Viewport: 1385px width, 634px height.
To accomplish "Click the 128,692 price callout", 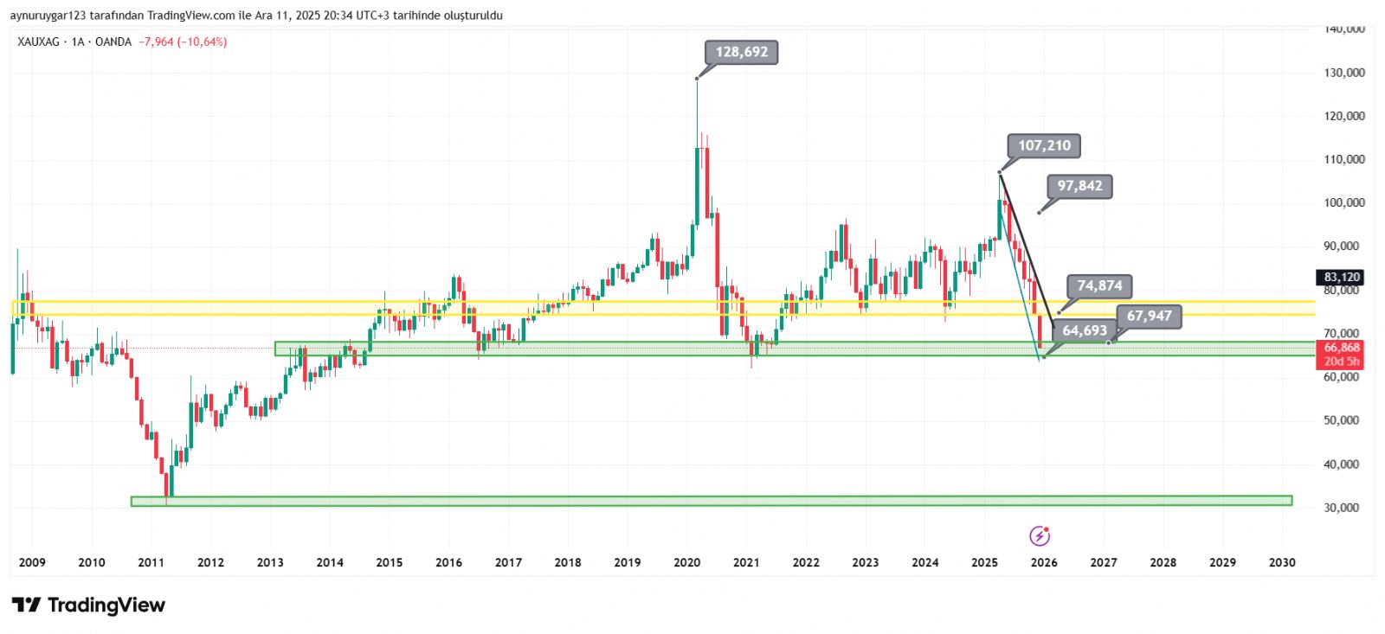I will coord(742,53).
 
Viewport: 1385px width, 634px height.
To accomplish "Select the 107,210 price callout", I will coord(1044,146).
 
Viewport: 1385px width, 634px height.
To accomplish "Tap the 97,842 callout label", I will coord(1079,187).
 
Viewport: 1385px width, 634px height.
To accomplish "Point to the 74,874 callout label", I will coord(1099,286).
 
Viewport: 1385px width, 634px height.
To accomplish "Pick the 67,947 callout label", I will coord(1149,317).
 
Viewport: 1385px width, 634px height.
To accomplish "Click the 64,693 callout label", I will coord(1085,331).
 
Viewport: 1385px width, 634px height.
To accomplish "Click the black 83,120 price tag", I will coord(1341,278).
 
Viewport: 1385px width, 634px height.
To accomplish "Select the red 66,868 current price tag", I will coord(1341,348).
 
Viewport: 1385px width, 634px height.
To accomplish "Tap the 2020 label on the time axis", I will coord(686,563).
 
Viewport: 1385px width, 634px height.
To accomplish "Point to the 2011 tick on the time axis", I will coord(151,563).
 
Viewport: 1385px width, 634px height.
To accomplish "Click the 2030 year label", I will coord(1282,563).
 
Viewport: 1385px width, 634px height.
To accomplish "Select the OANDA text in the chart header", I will coord(113,42).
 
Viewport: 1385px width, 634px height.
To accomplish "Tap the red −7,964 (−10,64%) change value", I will coord(183,42).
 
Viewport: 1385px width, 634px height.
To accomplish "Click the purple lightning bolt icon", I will coord(1040,536).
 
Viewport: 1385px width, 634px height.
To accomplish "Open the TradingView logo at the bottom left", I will coord(88,605).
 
